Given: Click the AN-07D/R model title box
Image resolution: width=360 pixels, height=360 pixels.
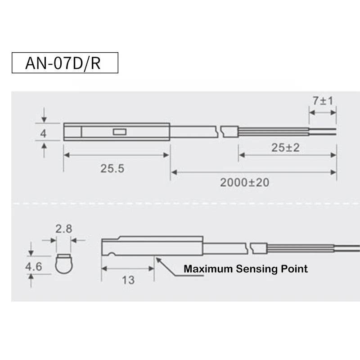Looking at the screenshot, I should [64, 63].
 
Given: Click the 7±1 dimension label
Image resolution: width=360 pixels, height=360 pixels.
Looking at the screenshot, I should [323, 100].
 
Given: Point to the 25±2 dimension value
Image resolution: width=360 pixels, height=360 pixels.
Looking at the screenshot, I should [285, 147].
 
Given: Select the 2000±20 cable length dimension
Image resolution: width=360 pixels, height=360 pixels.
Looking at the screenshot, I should [245, 182].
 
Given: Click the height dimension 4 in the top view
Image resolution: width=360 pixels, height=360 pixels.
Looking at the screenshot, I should [43, 133].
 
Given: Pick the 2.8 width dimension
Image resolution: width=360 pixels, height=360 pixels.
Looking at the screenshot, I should [63, 229].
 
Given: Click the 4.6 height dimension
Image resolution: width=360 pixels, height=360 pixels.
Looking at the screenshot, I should [33, 267].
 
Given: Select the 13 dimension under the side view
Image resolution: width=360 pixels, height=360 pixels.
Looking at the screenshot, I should [128, 280].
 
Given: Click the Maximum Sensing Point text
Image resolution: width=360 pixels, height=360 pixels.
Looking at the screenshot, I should [246, 269].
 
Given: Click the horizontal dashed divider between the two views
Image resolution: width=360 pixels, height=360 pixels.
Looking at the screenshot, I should [180, 203].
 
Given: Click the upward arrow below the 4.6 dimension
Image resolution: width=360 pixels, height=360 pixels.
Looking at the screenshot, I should [31, 281].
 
